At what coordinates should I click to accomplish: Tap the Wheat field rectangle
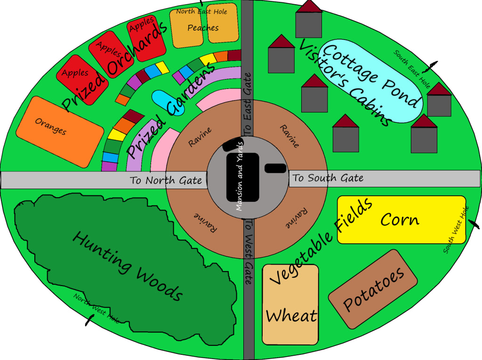click(290, 305)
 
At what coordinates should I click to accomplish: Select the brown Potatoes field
click(373, 289)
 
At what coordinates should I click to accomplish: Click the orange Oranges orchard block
click(59, 132)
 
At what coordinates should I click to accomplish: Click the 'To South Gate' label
click(328, 178)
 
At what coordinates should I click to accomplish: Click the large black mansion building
click(242, 177)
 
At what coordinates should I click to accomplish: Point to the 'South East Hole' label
click(412, 69)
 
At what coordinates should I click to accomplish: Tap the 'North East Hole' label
click(201, 11)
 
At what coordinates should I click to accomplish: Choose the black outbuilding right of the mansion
click(276, 168)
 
